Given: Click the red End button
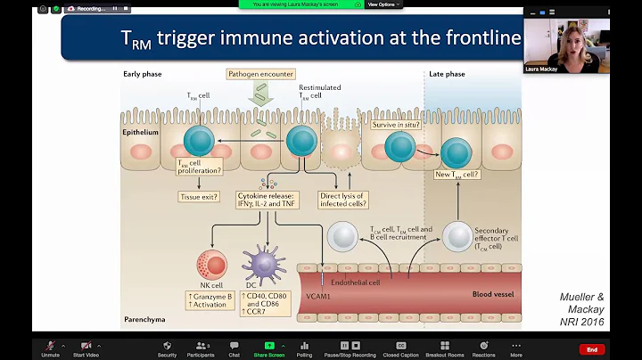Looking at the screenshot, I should (x=591, y=348).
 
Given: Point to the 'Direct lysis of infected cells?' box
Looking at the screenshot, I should (x=344, y=199).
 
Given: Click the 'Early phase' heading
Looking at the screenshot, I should (x=144, y=74).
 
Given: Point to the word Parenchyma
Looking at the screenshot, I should (x=144, y=319).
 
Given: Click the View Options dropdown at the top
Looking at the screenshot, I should (x=383, y=4).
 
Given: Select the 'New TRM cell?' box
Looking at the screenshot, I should (x=458, y=174).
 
